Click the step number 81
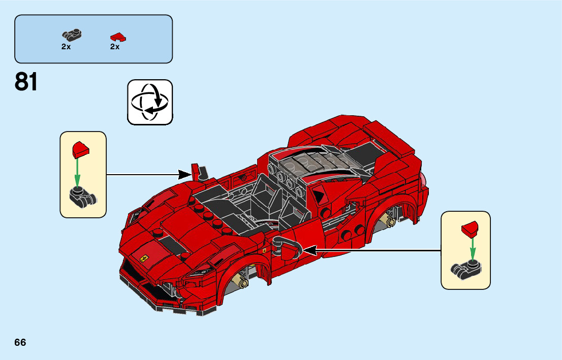click(x=26, y=82)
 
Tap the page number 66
click(x=20, y=342)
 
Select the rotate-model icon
click(x=150, y=102)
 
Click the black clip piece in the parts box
click(x=72, y=35)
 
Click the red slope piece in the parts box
click(x=118, y=37)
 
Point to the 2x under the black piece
click(x=66, y=47)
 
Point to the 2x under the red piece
click(x=115, y=47)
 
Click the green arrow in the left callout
click(x=77, y=173)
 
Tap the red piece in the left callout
click(x=81, y=149)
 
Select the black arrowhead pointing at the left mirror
click(x=185, y=175)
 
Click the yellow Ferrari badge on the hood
click(x=144, y=258)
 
